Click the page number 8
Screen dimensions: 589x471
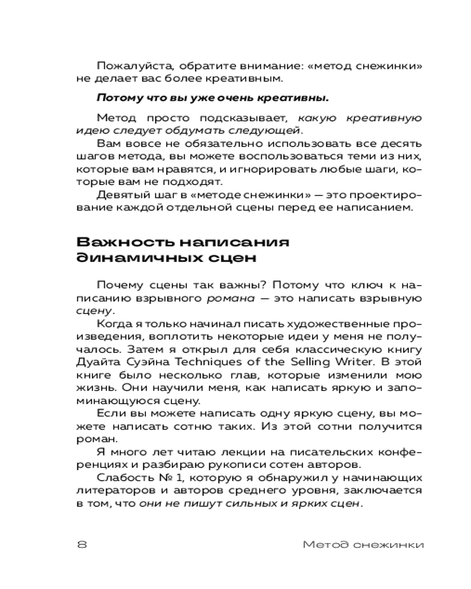click(x=82, y=544)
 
